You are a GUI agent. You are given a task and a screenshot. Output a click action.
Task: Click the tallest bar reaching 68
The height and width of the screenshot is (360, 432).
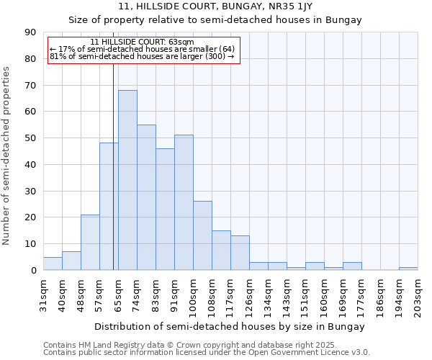127,180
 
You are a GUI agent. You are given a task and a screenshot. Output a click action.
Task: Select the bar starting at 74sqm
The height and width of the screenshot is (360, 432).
146,197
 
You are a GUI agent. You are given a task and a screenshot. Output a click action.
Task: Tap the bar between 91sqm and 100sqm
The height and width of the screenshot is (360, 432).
184,202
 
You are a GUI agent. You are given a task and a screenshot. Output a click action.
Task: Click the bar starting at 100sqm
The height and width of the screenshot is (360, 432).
202,235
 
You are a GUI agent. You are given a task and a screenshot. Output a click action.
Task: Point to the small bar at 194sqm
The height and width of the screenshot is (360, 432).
408,269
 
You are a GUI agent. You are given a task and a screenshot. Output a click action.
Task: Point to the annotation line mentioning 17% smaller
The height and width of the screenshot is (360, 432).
143,49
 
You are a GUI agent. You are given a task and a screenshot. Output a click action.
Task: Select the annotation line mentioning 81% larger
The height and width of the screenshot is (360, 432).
143,56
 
